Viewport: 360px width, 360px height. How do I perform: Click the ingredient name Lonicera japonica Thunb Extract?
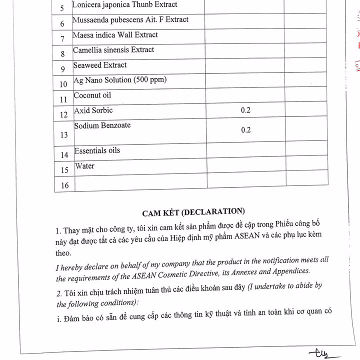[124, 5]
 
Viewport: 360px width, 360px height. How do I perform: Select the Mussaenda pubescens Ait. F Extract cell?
[130, 20]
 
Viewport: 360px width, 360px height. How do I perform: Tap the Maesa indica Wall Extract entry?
[115, 35]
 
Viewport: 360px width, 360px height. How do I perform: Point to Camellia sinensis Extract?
[113, 50]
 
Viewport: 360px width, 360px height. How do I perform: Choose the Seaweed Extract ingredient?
[100, 65]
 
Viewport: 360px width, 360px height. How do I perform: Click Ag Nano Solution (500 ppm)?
[120, 80]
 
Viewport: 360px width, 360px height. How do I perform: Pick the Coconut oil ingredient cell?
[92, 95]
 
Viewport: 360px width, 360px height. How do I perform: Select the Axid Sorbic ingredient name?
[93, 110]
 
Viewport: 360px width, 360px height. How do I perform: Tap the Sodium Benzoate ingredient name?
[102, 125]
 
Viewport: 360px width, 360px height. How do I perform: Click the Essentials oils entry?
[97, 150]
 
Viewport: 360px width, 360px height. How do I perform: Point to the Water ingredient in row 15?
[84, 166]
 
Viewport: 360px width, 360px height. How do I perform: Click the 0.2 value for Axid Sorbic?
[245, 110]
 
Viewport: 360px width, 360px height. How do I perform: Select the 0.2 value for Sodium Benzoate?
[245, 130]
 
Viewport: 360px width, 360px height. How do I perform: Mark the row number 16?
[64, 186]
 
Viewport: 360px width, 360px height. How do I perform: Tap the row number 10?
[63, 84]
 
